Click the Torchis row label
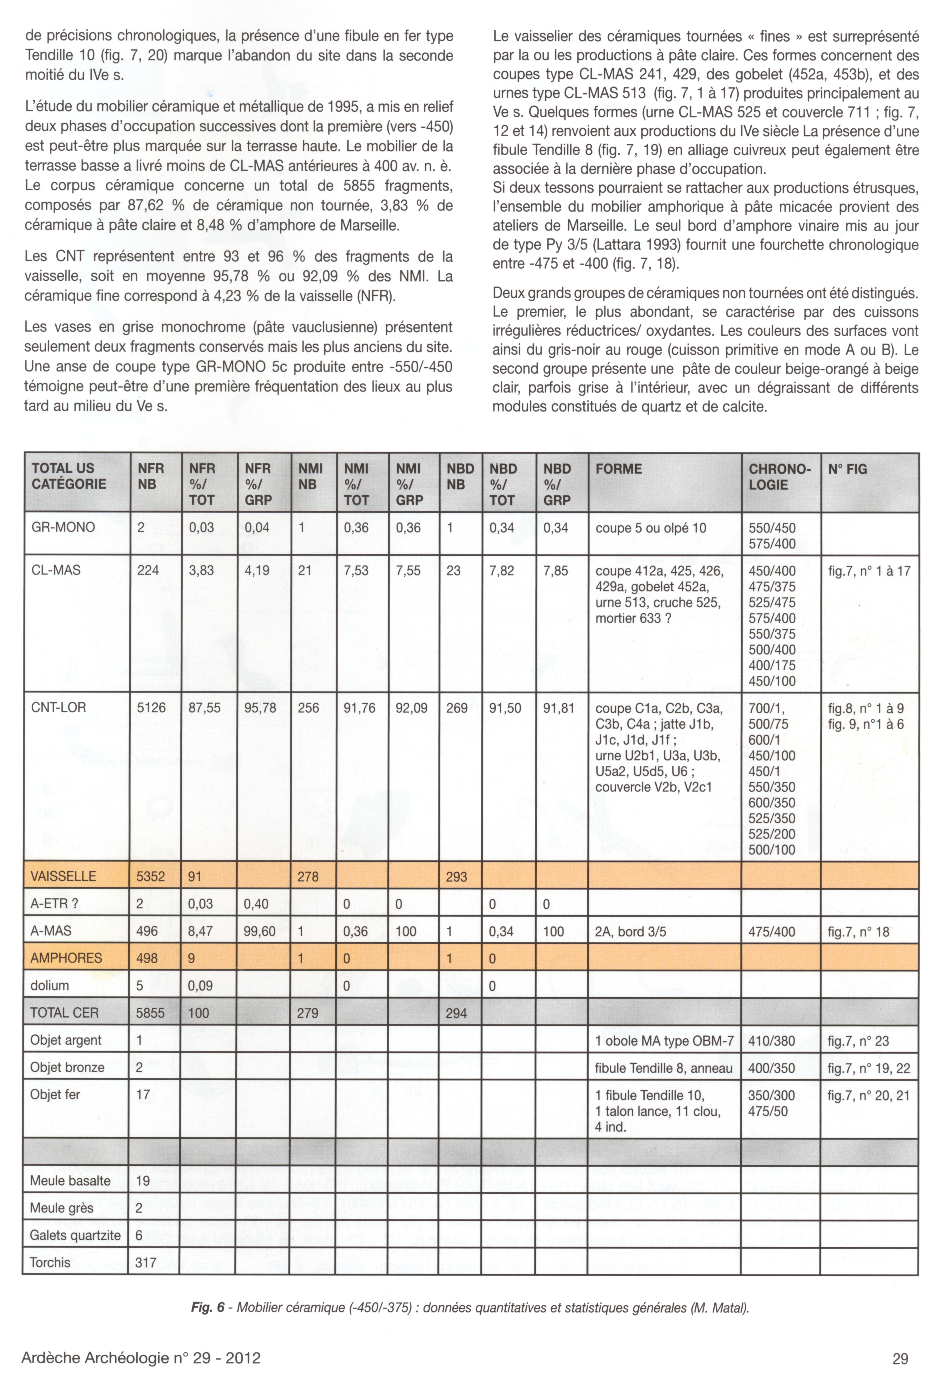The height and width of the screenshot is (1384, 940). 50,1262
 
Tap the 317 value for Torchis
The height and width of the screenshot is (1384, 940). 146,1262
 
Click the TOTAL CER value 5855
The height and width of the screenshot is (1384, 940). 150,1013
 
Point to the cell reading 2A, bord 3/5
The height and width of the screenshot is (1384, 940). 630,931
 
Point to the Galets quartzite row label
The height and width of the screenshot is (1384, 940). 75,1235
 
